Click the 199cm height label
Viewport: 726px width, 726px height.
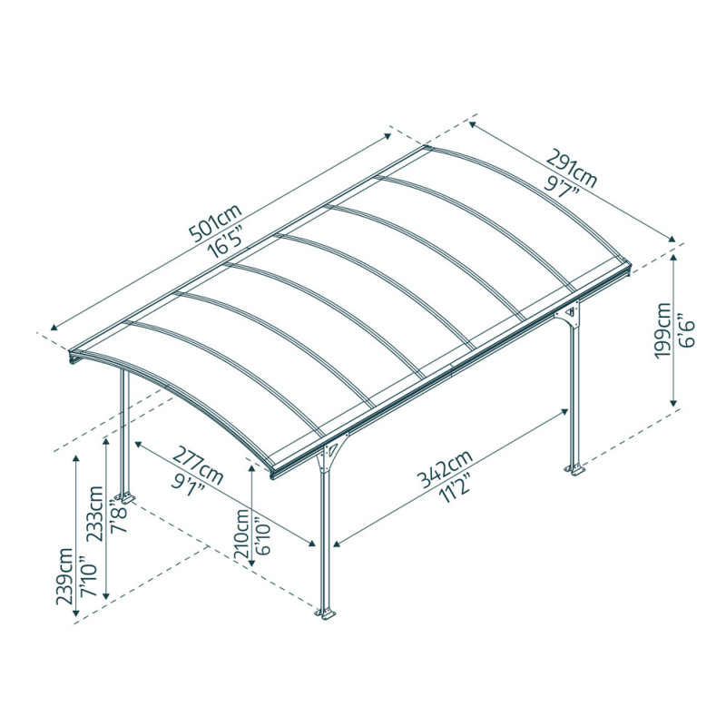tap(665, 330)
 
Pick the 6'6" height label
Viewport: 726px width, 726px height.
tap(688, 330)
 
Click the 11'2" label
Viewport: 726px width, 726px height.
tap(459, 488)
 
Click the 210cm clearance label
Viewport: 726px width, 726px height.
tap(242, 536)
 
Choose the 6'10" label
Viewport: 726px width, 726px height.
tap(263, 536)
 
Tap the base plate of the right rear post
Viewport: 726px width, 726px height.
tap(574, 469)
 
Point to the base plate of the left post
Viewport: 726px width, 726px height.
tap(124, 498)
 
